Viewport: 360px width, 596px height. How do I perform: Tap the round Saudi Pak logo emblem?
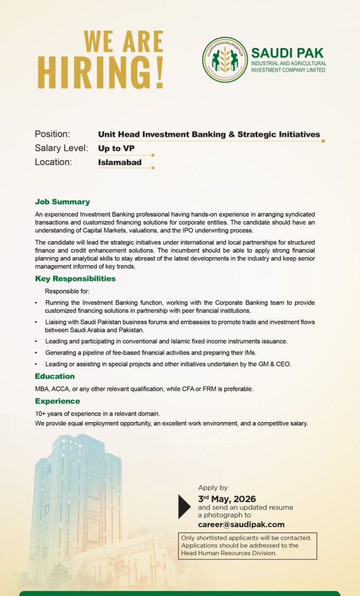(224, 60)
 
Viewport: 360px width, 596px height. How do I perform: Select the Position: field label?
(52, 134)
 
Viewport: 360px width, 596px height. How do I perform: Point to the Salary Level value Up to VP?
(116, 148)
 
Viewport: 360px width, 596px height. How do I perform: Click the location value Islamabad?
(120, 162)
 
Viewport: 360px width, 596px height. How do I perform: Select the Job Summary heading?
(62, 202)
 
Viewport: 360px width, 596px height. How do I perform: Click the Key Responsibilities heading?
(75, 278)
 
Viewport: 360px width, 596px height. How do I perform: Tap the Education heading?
(55, 376)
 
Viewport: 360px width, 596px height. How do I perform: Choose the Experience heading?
(57, 401)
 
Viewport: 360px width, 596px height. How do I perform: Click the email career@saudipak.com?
(241, 524)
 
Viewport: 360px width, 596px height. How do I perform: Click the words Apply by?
(213, 488)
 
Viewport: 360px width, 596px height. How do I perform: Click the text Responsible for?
(67, 291)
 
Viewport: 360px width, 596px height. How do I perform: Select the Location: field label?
(53, 162)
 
